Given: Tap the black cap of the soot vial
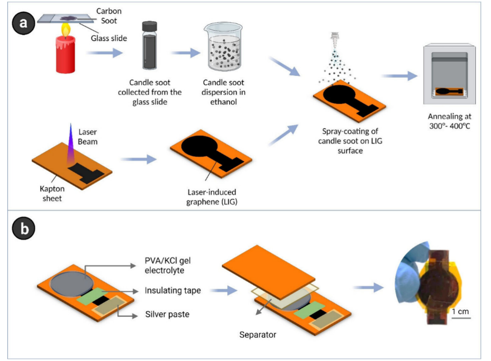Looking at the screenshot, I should tap(149, 26).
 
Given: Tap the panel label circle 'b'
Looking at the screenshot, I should tap(22, 229).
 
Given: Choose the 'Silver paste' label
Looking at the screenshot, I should tap(167, 314).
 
